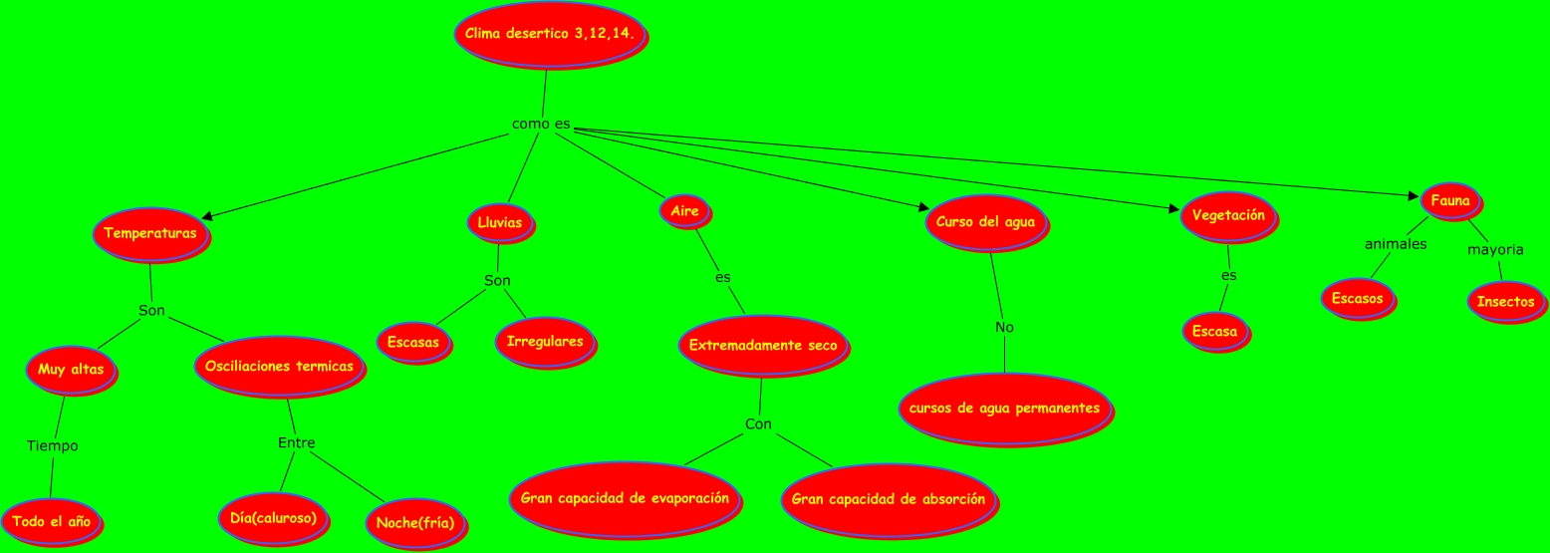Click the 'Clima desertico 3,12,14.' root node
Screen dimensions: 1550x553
(x=550, y=34)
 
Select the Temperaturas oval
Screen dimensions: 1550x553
(x=150, y=233)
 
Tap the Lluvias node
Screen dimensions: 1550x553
(x=500, y=222)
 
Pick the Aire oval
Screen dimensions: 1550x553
(x=684, y=210)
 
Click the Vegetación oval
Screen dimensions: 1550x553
(x=1228, y=215)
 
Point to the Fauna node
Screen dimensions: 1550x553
(x=1449, y=200)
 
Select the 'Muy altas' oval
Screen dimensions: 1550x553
(x=71, y=370)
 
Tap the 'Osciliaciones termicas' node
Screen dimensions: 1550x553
(x=279, y=367)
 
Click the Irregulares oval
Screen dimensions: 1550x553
(x=545, y=342)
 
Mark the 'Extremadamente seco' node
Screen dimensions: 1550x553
(x=763, y=346)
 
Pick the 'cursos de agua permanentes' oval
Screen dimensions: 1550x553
(x=1004, y=409)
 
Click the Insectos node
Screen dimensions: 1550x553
(x=1505, y=301)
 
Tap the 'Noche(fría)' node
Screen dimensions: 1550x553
(x=415, y=522)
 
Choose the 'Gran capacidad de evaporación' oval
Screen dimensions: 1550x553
(x=625, y=498)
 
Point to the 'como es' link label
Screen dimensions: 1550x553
(x=541, y=124)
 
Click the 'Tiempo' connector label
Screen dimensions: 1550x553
(x=53, y=445)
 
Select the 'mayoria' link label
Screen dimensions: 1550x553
(x=1495, y=249)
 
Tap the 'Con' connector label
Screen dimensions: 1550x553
(x=758, y=424)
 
